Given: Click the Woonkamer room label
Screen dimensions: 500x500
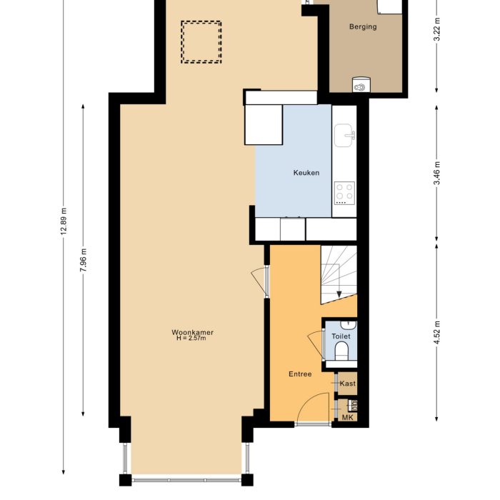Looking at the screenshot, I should tap(193, 332).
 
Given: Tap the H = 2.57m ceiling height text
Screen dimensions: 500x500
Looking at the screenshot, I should tap(191, 339).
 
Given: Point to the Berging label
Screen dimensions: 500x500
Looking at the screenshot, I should tap(363, 27).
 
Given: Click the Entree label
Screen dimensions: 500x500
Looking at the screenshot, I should tap(300, 374).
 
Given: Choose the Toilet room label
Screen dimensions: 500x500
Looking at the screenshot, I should tap(341, 335).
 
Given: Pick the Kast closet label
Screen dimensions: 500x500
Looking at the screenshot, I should tap(348, 384).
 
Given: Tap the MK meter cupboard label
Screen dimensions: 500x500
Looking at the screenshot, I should tap(348, 417).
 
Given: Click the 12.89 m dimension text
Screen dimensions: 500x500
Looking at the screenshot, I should tap(64, 221).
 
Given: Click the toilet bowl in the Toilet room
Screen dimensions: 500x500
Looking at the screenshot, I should tap(341, 351).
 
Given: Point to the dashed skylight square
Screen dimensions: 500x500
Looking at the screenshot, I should tap(201, 42).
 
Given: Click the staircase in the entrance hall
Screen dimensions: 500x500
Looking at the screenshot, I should tap(338, 274).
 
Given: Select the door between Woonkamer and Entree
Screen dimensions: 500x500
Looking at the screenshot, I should tap(262, 282).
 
